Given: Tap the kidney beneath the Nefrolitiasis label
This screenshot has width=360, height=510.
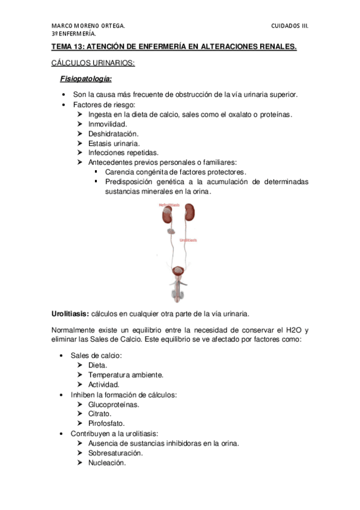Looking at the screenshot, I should (x=166, y=215).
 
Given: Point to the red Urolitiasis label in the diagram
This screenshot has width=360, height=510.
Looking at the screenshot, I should (x=188, y=239).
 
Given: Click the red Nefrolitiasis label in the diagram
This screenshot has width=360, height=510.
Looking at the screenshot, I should (x=169, y=204).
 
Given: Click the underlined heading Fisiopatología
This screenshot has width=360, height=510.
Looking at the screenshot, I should (x=86, y=79).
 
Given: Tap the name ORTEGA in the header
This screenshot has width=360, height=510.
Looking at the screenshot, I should (x=111, y=26).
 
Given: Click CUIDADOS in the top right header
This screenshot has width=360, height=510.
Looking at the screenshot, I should (x=286, y=26).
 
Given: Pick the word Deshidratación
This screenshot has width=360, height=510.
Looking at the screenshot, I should (x=113, y=134).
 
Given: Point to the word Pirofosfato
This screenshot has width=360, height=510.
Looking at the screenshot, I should (x=105, y=423).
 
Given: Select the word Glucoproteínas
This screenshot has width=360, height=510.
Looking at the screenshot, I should (x=114, y=404).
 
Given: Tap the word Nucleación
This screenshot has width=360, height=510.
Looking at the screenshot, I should (x=106, y=462).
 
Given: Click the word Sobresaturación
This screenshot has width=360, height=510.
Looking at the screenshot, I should (x=115, y=453).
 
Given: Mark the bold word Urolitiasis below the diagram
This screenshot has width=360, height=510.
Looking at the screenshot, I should (x=70, y=313).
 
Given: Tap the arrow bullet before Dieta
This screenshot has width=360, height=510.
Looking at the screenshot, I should (x=81, y=365).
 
